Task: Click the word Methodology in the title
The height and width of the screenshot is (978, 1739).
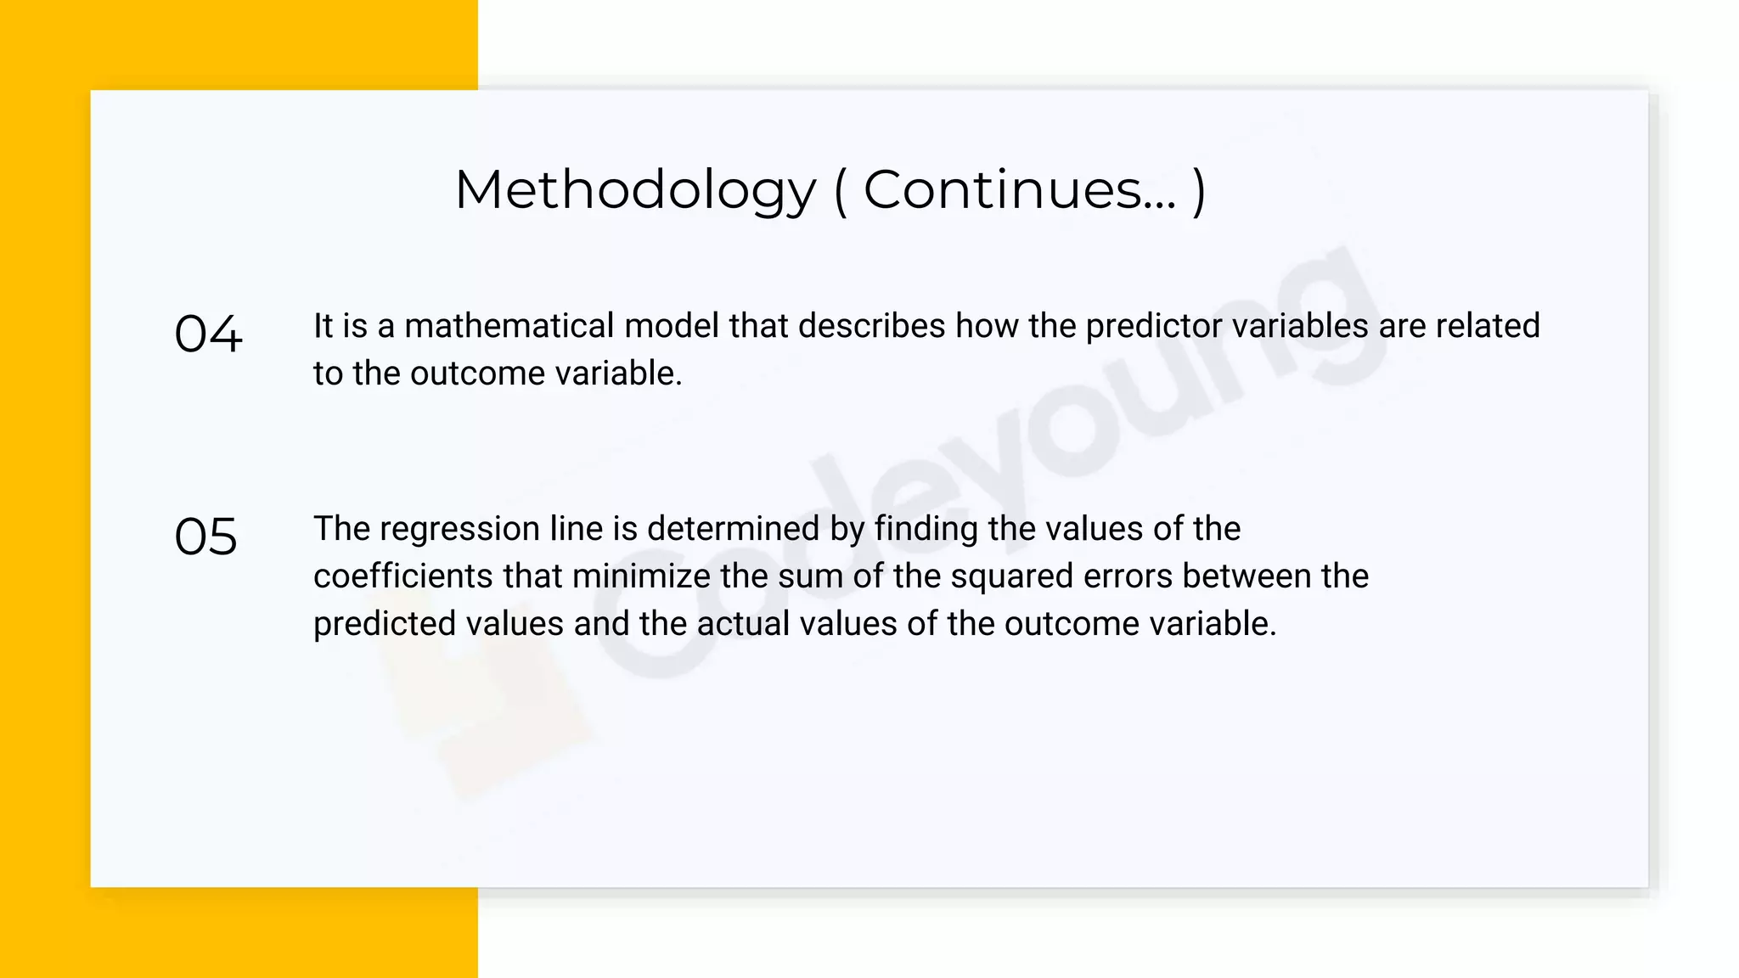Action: (635, 190)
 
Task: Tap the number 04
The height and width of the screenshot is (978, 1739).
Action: (208, 334)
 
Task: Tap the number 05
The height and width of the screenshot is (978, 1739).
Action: (205, 537)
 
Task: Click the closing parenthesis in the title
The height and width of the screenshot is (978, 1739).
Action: (1199, 190)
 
